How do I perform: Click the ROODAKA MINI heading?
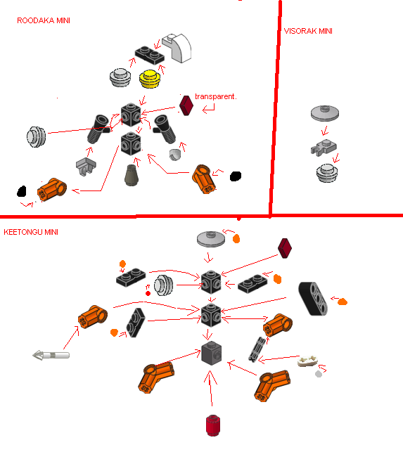tap(44, 20)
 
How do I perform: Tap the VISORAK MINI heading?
tap(308, 31)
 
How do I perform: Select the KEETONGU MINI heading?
tap(31, 232)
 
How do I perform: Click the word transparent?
tap(215, 96)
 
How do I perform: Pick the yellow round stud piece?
tap(150, 79)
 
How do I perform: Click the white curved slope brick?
tap(177, 48)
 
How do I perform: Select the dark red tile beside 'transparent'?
tap(186, 105)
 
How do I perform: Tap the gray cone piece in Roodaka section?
tap(132, 175)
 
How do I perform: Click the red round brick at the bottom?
tap(213, 425)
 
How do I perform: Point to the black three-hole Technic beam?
tap(313, 299)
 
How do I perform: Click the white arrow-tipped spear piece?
tap(51, 356)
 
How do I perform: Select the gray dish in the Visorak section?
tap(325, 113)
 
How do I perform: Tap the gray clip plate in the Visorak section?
tap(324, 147)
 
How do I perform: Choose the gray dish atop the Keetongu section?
tap(211, 239)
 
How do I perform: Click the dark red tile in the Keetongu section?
tap(285, 248)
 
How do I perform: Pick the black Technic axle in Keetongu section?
tap(257, 349)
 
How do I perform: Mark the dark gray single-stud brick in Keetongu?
tap(212, 353)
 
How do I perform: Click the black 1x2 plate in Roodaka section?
tap(149, 55)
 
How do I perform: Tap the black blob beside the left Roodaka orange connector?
tap(22, 191)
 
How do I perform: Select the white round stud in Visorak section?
tap(327, 173)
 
